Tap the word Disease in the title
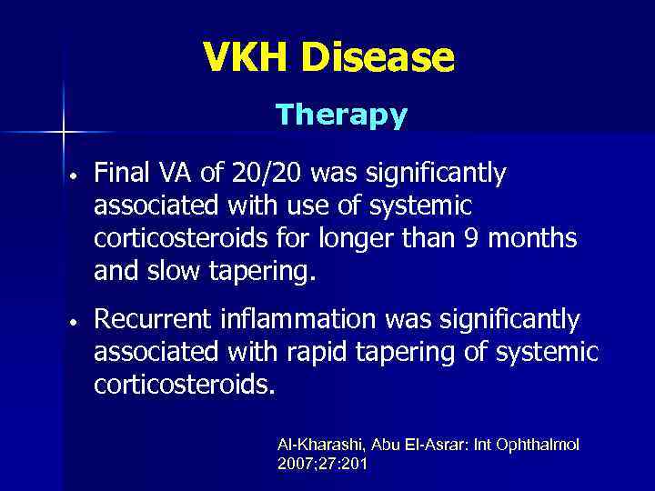(380, 59)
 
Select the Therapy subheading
(341, 115)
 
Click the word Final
(123, 174)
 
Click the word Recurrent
(154, 320)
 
